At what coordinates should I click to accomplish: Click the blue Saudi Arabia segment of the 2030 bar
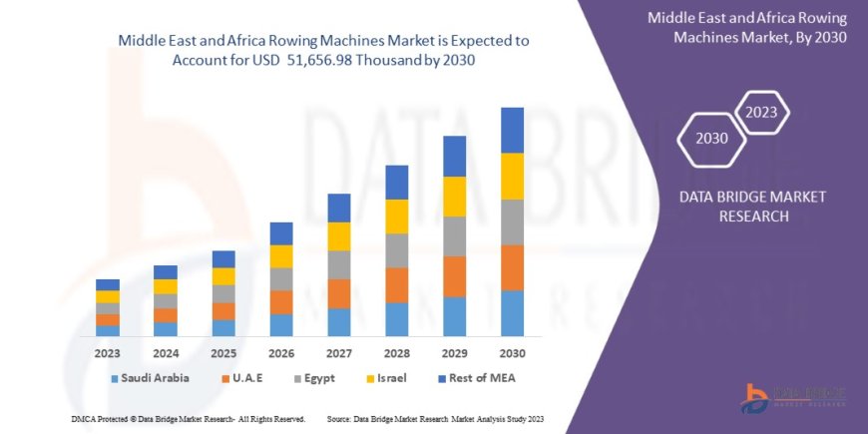pos(512,312)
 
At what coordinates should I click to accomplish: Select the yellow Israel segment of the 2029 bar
pos(454,197)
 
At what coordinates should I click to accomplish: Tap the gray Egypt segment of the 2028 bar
pos(396,250)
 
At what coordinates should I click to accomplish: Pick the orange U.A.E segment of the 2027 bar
pos(338,293)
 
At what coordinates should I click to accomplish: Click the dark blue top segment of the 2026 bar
pos(281,233)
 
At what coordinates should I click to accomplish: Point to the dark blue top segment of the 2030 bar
pos(512,130)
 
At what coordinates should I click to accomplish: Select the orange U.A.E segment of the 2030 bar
pos(512,267)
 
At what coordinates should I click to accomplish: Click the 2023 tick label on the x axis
pos(108,353)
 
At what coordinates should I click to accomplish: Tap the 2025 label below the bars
pos(223,353)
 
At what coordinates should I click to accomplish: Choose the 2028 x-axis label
pos(396,353)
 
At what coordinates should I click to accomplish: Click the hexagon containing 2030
pos(711,139)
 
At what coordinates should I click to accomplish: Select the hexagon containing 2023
pos(761,112)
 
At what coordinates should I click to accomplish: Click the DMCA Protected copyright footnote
pos(186,417)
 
